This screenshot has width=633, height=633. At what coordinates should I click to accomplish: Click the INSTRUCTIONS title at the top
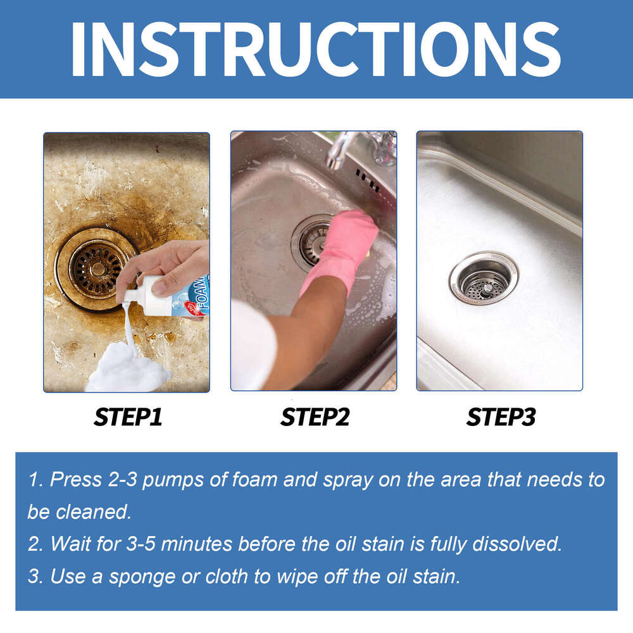coord(316,49)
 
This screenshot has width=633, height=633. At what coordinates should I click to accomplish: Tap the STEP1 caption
coord(128,417)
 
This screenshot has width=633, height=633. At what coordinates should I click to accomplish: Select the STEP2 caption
coord(315,417)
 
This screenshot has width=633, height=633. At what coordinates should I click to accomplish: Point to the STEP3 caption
coord(501,417)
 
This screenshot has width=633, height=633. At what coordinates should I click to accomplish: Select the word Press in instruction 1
coord(72,479)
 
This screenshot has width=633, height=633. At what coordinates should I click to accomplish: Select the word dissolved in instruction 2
coord(517,544)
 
